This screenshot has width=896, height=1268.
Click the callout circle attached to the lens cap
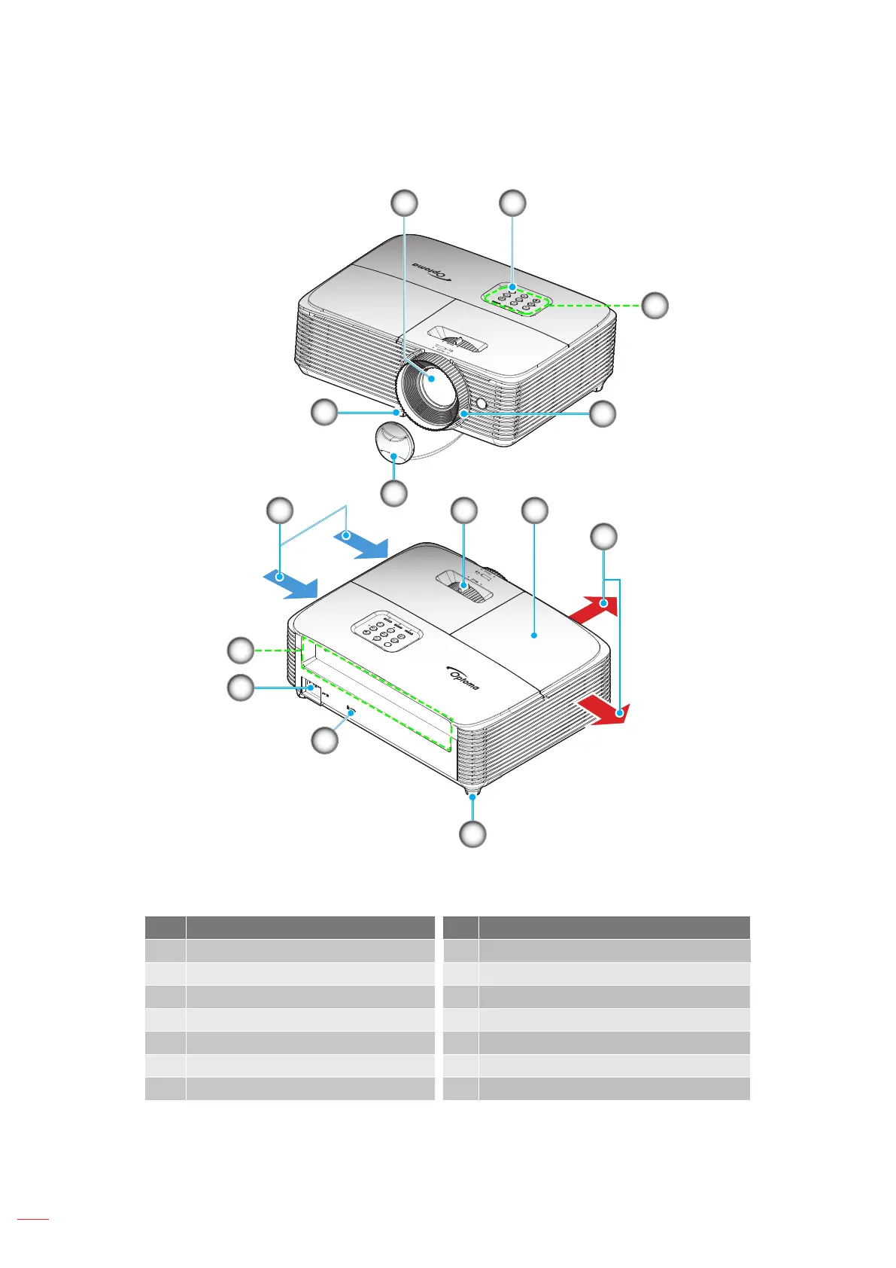pos(394,493)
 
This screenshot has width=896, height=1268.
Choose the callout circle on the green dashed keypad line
pos(655,305)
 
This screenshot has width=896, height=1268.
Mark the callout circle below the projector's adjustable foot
pos(472,834)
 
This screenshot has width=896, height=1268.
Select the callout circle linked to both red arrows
pos(603,537)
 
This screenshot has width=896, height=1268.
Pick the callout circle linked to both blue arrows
pos(280,510)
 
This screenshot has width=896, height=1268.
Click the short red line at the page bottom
pos(32,1218)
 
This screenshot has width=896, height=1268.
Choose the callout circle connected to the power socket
pos(241,687)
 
